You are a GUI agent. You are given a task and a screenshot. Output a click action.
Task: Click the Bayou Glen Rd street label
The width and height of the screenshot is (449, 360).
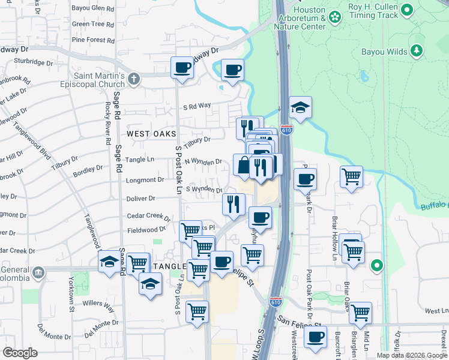click(92, 8)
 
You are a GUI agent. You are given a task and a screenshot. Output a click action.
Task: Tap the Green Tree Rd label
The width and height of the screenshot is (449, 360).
click(92, 24)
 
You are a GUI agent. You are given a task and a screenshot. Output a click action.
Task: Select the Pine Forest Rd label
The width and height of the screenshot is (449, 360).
click(92, 40)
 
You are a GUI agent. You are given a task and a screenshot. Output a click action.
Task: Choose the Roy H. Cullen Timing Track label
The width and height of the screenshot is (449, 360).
click(372, 11)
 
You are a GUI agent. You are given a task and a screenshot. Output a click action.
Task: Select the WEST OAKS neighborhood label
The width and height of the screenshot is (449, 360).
click(151, 133)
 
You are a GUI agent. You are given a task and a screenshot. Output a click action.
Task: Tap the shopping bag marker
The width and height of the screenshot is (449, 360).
click(244, 166)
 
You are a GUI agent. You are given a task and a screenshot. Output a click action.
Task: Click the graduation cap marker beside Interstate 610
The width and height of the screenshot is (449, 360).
click(300, 108)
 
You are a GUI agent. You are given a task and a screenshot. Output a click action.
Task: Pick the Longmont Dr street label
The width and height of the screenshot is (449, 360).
click(145, 179)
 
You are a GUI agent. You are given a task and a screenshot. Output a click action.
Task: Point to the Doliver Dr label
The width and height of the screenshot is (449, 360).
click(141, 198)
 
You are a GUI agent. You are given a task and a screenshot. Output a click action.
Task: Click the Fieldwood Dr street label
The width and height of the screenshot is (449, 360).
click(146, 230)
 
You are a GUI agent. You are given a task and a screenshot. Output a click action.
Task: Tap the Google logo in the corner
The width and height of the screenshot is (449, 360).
click(20, 353)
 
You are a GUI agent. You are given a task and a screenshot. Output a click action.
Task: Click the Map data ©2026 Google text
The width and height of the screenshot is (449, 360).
click(411, 355)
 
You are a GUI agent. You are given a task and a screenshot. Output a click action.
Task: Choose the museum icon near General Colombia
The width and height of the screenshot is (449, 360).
click(39, 273)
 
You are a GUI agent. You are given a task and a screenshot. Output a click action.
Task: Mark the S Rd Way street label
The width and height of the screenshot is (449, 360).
click(197, 106)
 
